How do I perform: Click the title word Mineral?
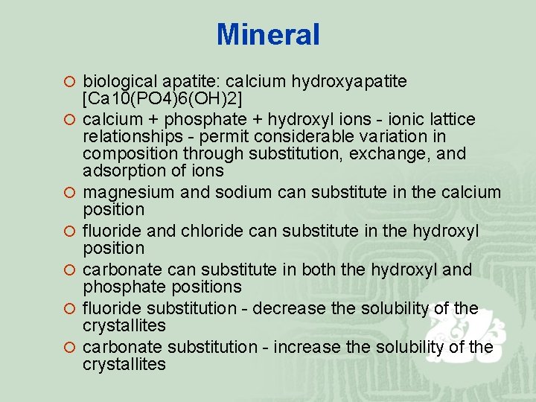268,34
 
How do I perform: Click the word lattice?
452,119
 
